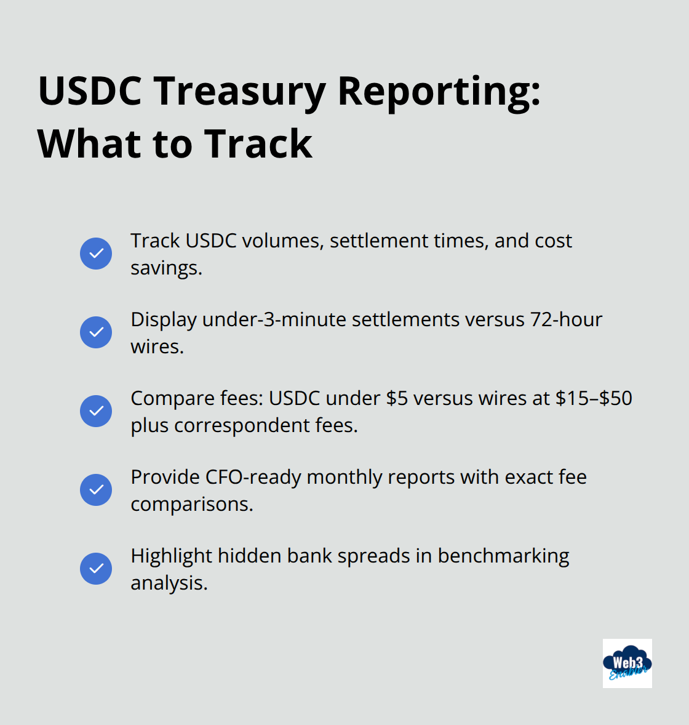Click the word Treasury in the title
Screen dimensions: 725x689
[239, 91]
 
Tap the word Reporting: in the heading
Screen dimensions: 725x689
[439, 91]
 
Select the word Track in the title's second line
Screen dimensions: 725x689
[258, 144]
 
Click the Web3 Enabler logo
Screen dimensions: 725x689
[627, 663]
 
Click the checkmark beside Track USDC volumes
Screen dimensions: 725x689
[96, 254]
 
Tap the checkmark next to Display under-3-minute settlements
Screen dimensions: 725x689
[96, 332]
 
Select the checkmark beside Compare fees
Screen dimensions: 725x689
[96, 411]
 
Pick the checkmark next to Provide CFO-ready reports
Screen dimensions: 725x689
[96, 490]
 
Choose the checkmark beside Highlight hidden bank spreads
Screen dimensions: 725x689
[96, 569]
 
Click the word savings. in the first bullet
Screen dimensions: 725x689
[166, 268]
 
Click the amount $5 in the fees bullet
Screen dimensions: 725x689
[397, 398]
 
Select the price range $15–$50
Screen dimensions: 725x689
[594, 398]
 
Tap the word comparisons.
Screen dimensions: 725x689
[192, 504]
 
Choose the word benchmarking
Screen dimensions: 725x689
[503, 556]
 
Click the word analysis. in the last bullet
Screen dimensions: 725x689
[169, 583]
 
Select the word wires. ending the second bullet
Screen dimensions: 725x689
[157, 346]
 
